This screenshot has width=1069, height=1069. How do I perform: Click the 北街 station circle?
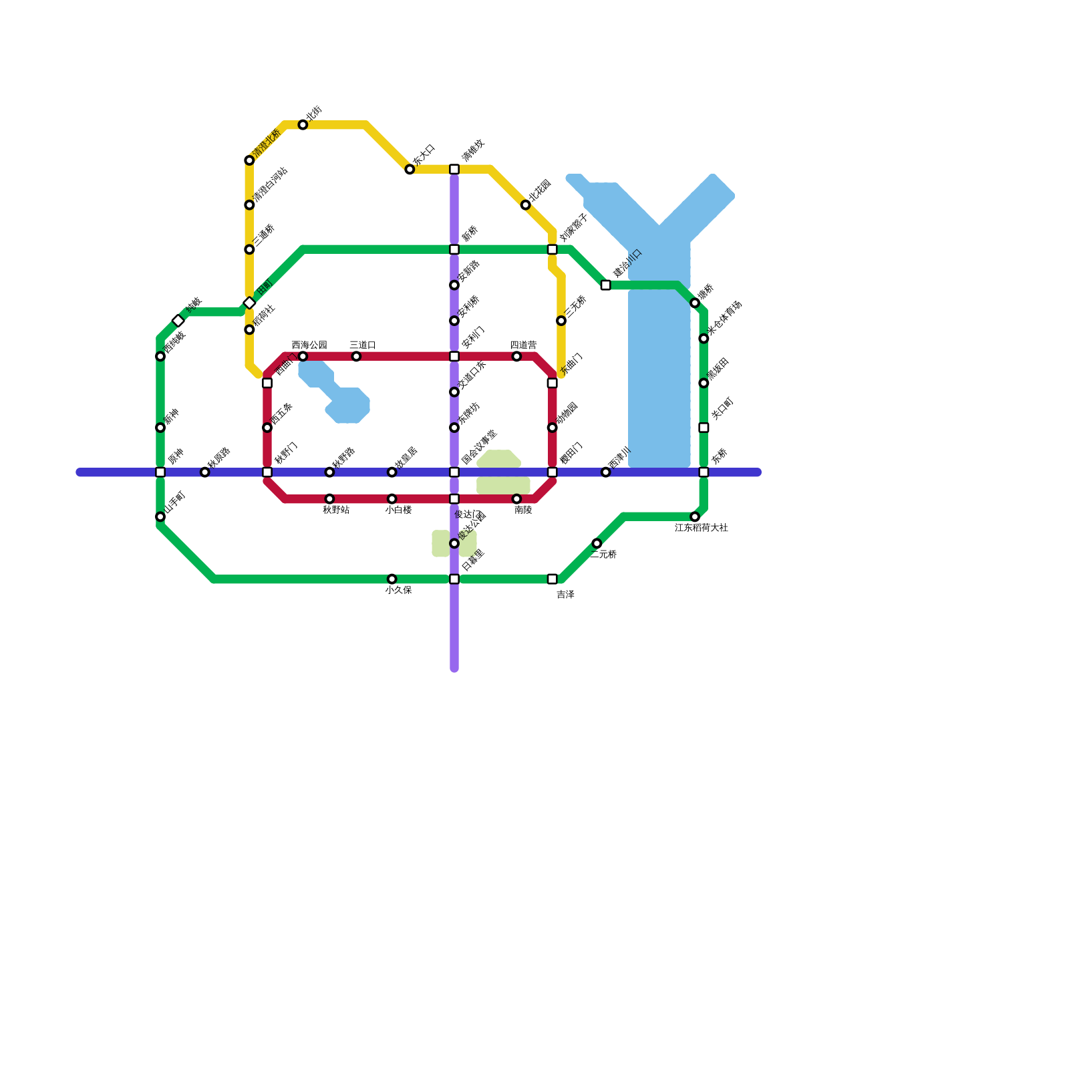pyautogui.click(x=303, y=125)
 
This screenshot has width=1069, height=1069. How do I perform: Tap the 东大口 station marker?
pyautogui.click(x=410, y=170)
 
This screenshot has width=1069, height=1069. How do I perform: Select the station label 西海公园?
pyautogui.click(x=309, y=345)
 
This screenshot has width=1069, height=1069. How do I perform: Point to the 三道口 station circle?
pyautogui.click(x=356, y=356)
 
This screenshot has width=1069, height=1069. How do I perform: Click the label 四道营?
pyautogui.click(x=523, y=345)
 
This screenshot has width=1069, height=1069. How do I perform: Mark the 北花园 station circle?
pyautogui.click(x=526, y=205)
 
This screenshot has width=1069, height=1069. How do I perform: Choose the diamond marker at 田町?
pyautogui.click(x=249, y=303)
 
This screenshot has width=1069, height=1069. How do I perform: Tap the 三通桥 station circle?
pyautogui.click(x=249, y=250)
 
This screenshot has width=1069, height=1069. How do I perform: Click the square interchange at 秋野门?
pyautogui.click(x=267, y=472)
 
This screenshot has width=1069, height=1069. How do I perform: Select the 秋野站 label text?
pyautogui.click(x=336, y=510)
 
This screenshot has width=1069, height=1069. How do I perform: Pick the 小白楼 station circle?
pyautogui.click(x=392, y=499)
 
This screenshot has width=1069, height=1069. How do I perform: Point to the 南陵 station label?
pyautogui.click(x=523, y=510)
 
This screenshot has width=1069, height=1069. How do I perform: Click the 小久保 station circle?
pyautogui.click(x=392, y=579)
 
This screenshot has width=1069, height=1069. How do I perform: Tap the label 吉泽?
pyautogui.click(x=565, y=594)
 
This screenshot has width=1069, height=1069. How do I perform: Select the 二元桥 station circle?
pyautogui.click(x=597, y=544)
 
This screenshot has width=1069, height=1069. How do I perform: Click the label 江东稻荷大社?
pyautogui.click(x=701, y=528)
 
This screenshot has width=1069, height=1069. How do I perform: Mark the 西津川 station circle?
pyautogui.click(x=606, y=472)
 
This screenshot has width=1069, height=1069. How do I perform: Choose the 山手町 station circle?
pyautogui.click(x=160, y=517)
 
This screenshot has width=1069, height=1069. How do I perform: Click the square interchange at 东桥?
pyautogui.click(x=704, y=472)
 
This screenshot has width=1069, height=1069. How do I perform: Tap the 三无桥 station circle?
pyautogui.click(x=561, y=321)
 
